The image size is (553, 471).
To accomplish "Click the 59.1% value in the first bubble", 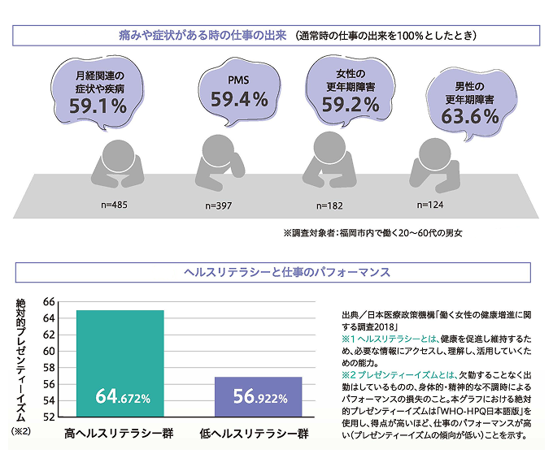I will [98, 106].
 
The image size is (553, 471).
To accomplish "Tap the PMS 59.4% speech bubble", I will [239, 91].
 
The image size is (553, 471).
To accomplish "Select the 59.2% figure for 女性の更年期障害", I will [351, 104].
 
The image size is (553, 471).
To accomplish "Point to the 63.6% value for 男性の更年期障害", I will [469, 116].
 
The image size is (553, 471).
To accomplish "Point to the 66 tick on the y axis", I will [48, 302].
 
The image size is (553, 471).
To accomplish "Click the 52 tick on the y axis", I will [48, 417].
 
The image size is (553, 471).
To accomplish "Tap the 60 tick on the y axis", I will [48, 352].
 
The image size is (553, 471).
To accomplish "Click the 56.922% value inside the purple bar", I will [259, 398].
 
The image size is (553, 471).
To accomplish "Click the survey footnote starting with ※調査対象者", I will [372, 233].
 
